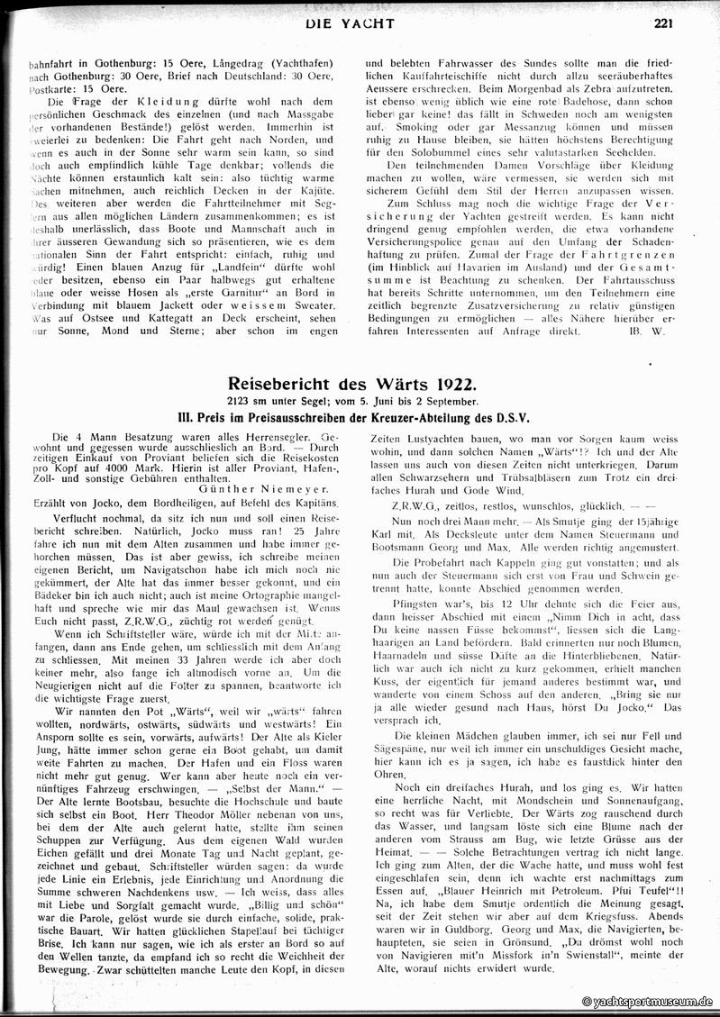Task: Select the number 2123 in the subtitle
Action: [x=243, y=400]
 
